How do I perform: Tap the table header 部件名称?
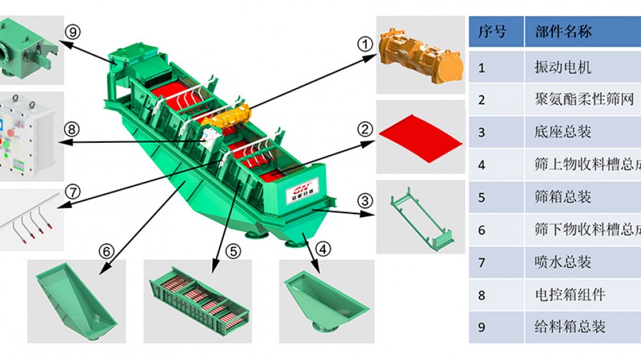click(563, 32)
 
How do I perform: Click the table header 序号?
click(492, 32)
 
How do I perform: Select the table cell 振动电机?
click(563, 67)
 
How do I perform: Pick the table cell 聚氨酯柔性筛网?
click(584, 99)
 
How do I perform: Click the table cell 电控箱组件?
click(570, 295)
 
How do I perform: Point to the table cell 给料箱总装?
click(570, 327)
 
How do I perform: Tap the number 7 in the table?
click(482, 262)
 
